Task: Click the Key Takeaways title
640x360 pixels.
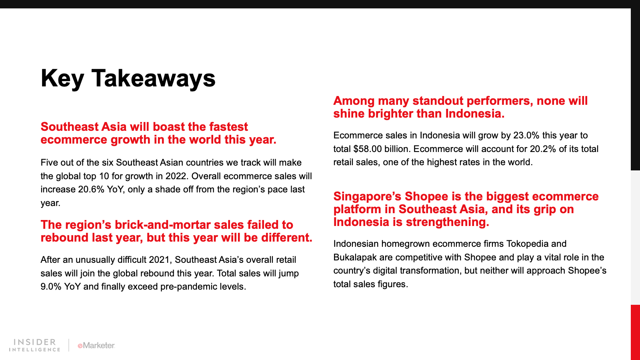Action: tap(128, 78)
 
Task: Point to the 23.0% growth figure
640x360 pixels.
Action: tap(526, 135)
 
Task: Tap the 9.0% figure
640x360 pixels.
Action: tap(51, 286)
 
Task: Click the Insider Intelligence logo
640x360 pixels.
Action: tap(34, 345)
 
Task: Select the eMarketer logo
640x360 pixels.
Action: tap(96, 346)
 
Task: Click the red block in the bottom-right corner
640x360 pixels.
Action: tap(635, 332)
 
